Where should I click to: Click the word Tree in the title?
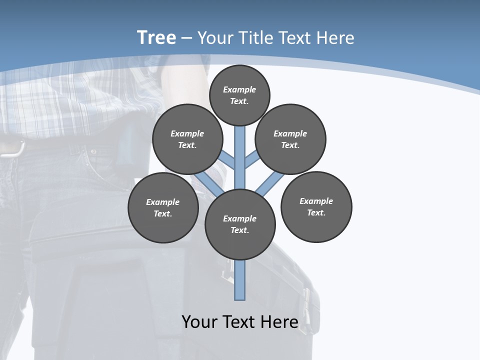[156, 37]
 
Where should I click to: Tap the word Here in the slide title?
[335, 38]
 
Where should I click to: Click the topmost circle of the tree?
[239, 95]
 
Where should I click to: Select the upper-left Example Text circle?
[187, 139]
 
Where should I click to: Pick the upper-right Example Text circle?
[290, 139]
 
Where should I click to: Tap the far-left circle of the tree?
[163, 207]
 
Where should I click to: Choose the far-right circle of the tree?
[316, 206]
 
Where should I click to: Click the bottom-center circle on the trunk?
[240, 224]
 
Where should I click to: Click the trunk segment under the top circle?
[240, 145]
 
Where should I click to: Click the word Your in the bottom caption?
[200, 321]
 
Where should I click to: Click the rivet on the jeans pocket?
[93, 151]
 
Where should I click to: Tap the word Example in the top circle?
[239, 89]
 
